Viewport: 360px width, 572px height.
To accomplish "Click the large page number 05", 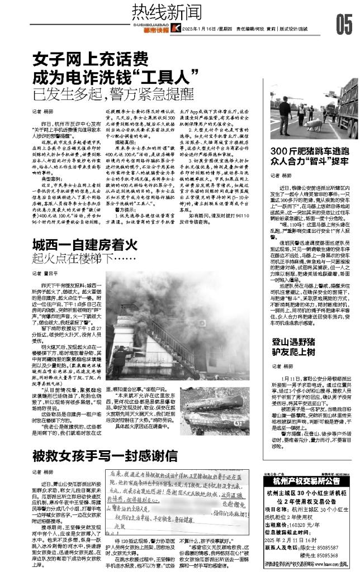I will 344,23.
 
